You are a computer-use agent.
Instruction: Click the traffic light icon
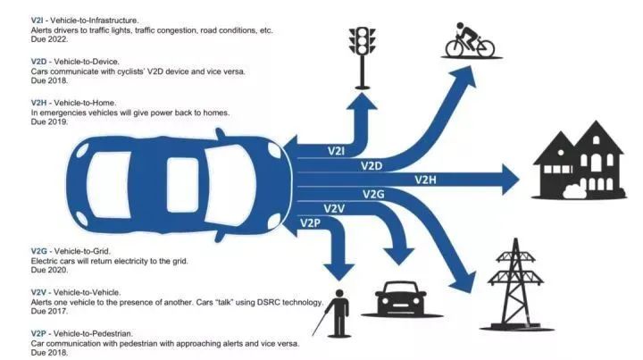(x=362, y=58)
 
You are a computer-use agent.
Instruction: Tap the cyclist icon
(x=470, y=40)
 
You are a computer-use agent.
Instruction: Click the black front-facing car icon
(x=401, y=298)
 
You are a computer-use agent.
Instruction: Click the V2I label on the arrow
(x=337, y=151)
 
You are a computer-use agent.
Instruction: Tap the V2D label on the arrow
(x=372, y=165)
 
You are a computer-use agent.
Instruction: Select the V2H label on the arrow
(x=425, y=180)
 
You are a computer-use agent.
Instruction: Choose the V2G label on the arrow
(x=373, y=194)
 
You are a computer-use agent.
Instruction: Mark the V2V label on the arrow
(x=334, y=209)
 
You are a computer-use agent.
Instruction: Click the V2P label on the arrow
(x=310, y=222)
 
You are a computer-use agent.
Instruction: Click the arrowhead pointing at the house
(x=511, y=180)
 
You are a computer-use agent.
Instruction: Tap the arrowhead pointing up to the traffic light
(x=362, y=101)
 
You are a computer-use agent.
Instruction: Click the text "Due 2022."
(x=49, y=39)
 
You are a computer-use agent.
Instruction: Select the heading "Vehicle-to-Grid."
(x=82, y=251)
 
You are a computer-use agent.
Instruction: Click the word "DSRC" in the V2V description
(x=269, y=302)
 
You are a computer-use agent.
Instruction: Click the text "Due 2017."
(x=49, y=311)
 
